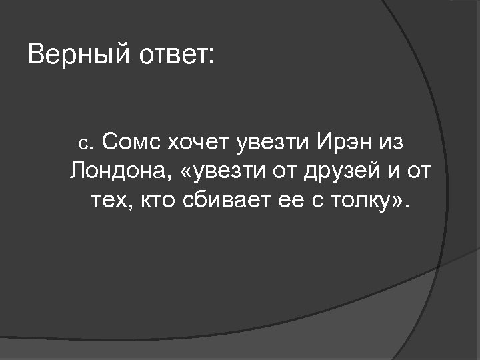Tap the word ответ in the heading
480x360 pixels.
pos(175,55)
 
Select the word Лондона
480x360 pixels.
pos(119,171)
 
